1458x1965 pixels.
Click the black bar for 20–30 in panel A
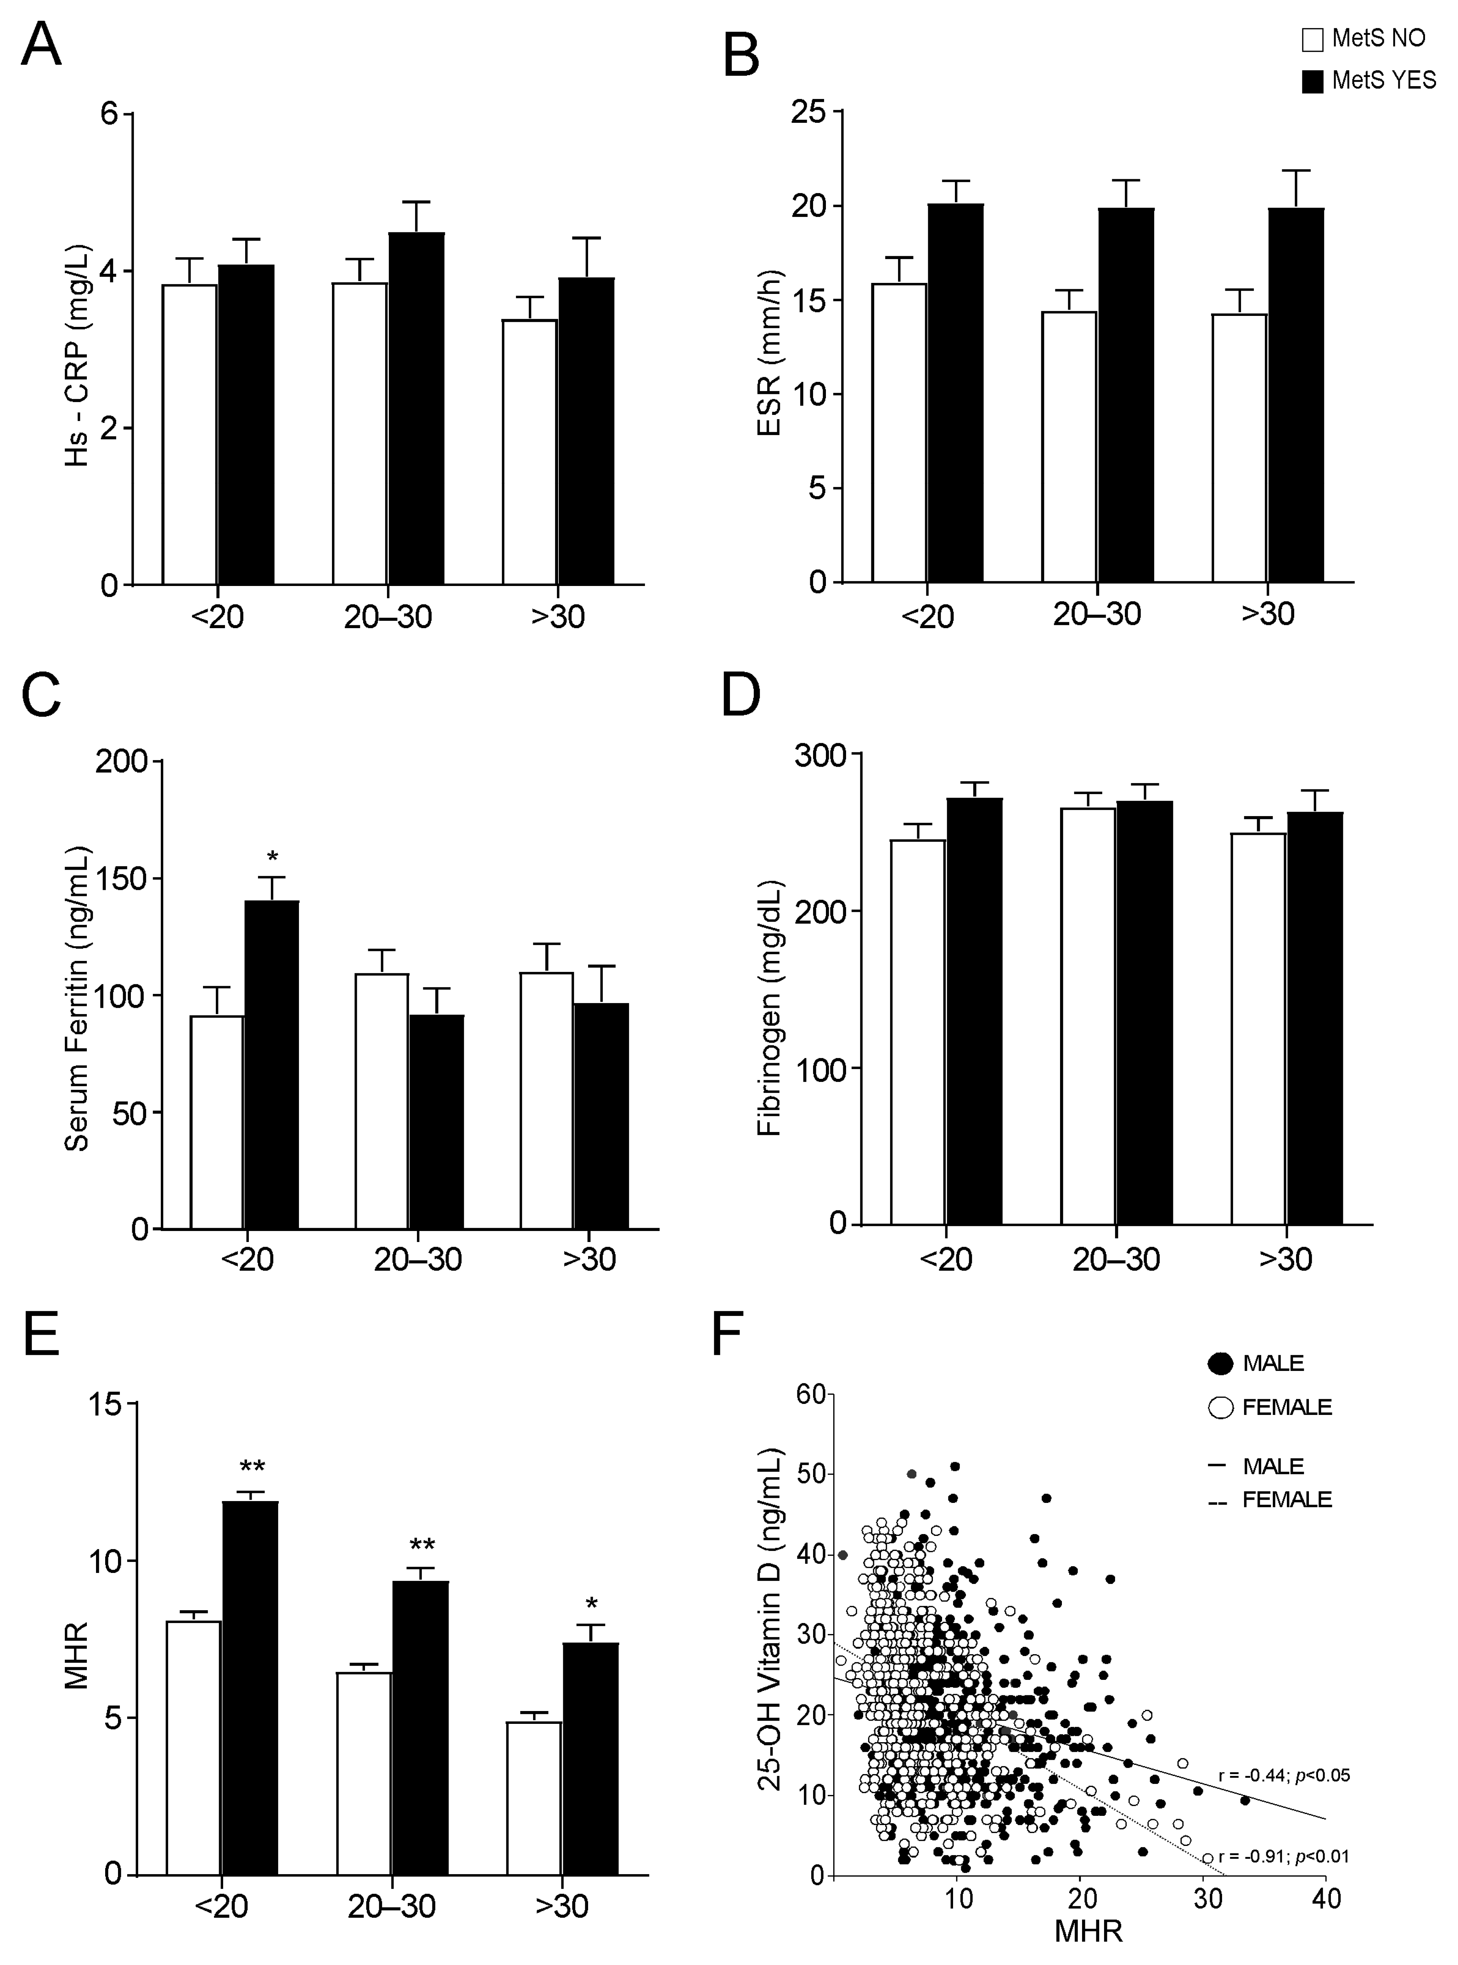[417, 408]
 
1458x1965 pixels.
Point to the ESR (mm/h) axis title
[769, 353]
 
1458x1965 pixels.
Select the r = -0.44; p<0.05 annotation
[1284, 1775]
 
